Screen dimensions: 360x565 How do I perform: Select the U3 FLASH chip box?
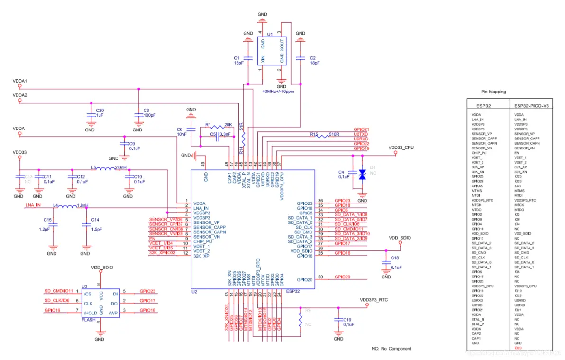point(100,303)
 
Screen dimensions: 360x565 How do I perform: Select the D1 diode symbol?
point(363,174)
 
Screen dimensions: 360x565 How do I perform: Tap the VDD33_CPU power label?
point(401,148)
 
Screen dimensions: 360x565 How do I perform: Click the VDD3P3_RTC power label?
point(374,300)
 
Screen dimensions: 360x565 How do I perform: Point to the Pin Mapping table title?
point(493,92)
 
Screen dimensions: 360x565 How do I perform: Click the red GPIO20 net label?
point(342,277)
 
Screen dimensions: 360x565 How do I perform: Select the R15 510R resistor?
point(325,135)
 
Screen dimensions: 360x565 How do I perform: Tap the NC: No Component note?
point(392,349)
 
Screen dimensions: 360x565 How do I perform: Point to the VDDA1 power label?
point(20,81)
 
